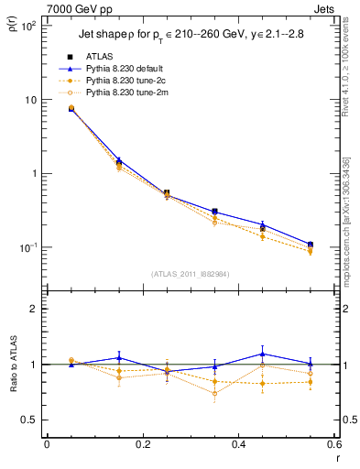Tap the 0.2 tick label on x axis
(142, 444)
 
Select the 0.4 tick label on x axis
(237, 444)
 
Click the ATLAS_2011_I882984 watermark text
(190, 273)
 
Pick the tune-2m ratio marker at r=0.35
(214, 394)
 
